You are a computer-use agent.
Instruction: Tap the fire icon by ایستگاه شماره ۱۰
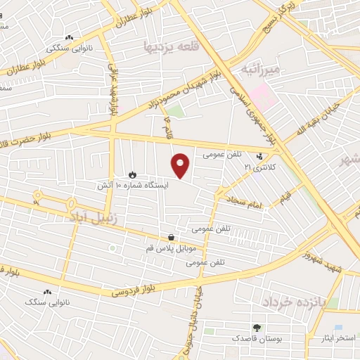(x=132, y=174)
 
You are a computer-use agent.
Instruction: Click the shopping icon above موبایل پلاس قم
(x=172, y=238)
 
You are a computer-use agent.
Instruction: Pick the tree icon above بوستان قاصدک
(x=257, y=328)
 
